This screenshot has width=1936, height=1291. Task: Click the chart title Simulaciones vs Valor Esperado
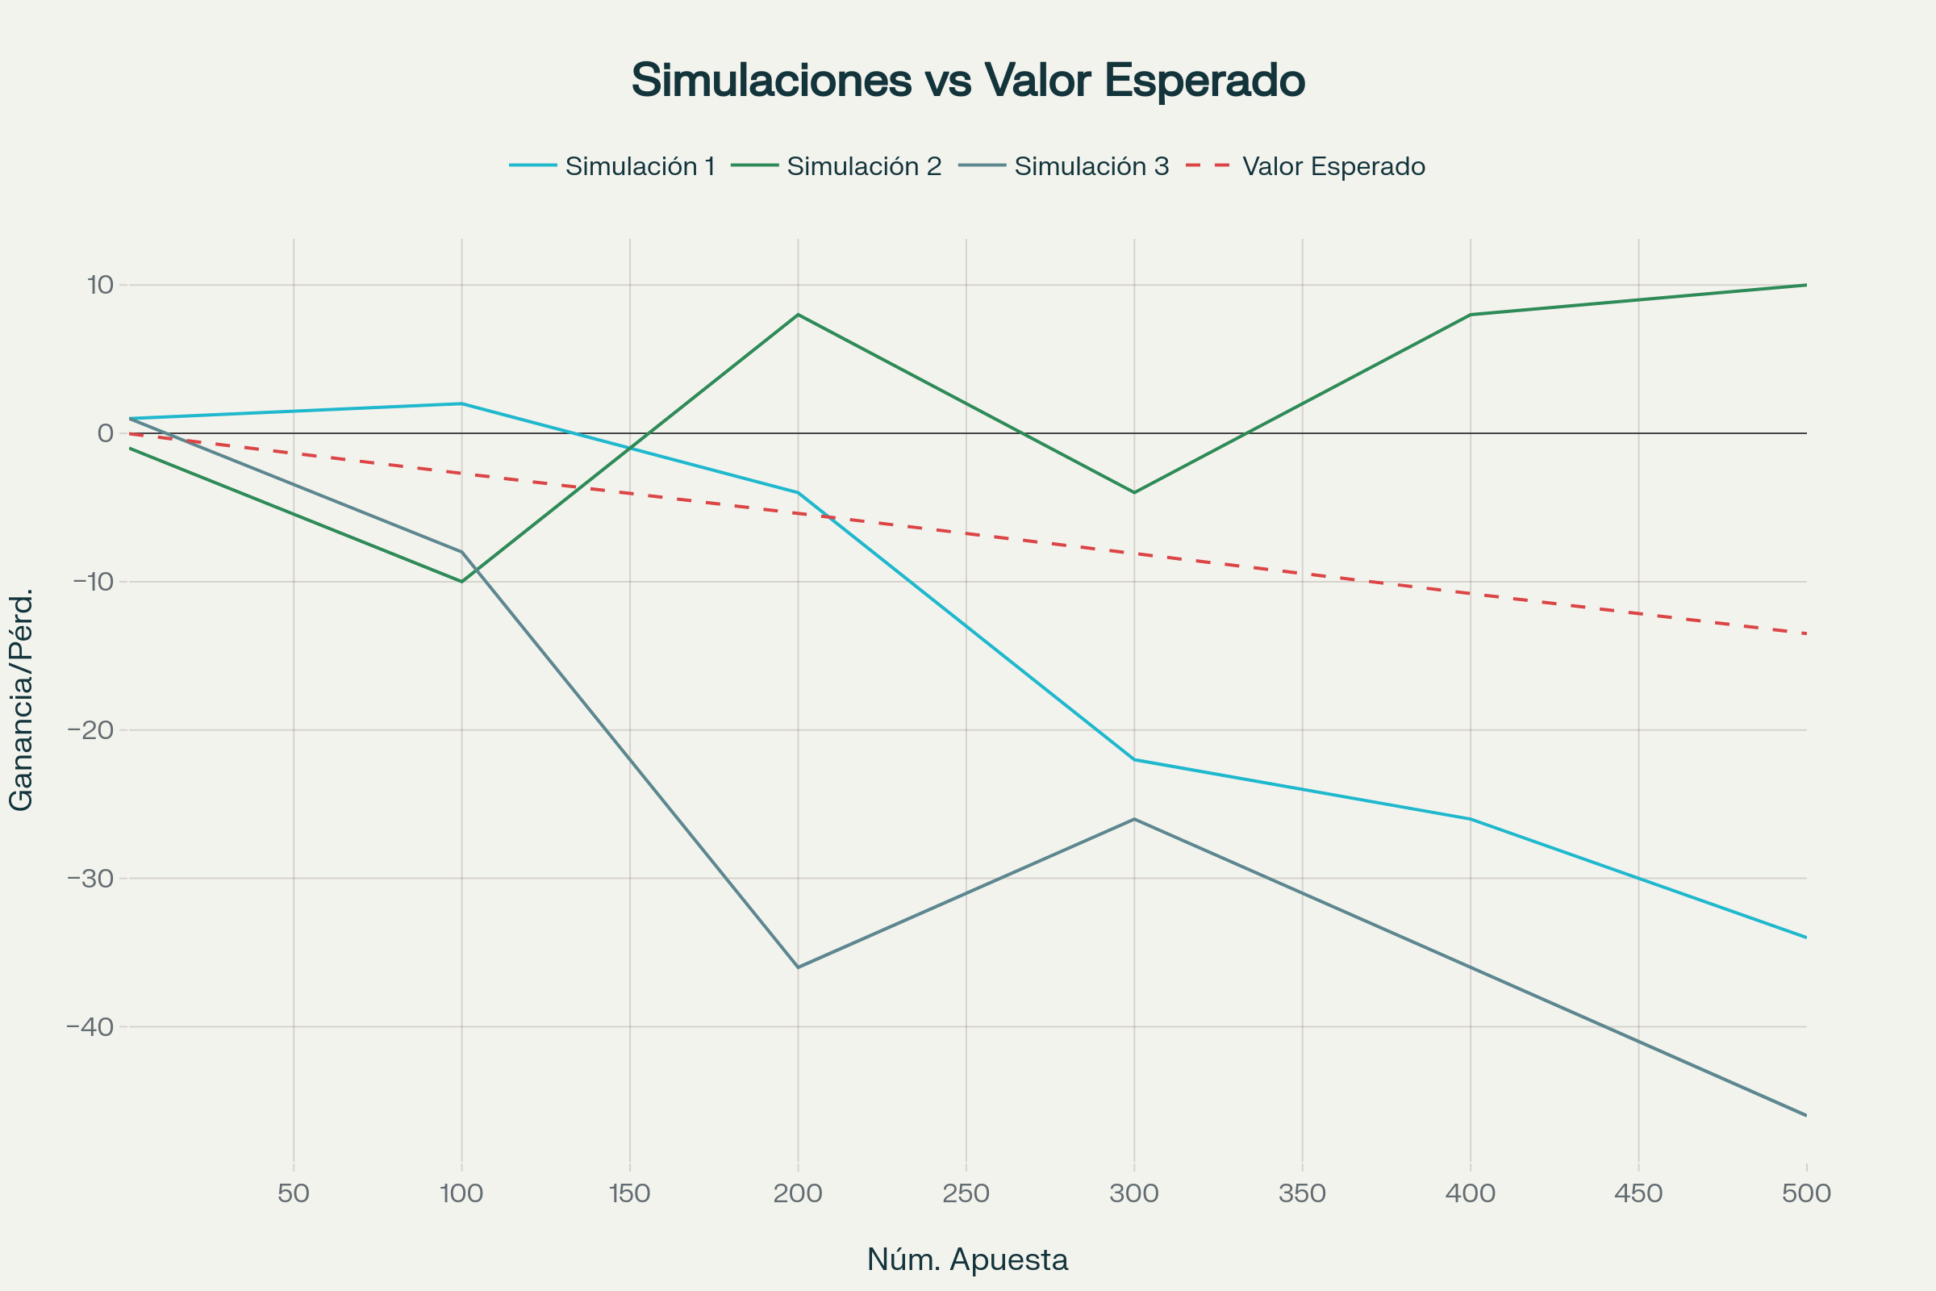(x=968, y=81)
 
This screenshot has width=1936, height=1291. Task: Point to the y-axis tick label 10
(x=99, y=285)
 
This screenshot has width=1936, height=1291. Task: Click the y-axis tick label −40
(x=90, y=1026)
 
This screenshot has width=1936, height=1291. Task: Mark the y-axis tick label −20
(x=90, y=730)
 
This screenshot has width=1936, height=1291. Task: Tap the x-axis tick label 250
(x=966, y=1194)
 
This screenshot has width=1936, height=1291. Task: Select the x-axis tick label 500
(x=1806, y=1194)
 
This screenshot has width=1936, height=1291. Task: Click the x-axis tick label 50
(x=294, y=1194)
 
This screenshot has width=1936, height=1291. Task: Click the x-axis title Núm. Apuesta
(x=967, y=1260)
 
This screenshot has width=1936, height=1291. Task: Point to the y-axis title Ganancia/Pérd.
(x=21, y=700)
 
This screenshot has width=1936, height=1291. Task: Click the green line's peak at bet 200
(x=798, y=315)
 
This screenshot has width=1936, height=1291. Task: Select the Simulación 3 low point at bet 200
(x=798, y=967)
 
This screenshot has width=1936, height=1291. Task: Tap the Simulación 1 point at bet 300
(x=1134, y=759)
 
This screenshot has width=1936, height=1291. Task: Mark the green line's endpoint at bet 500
(x=1806, y=285)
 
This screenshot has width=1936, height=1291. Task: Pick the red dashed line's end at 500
(x=1806, y=633)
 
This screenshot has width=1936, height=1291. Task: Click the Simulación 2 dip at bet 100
(x=461, y=581)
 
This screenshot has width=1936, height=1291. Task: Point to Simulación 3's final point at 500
(x=1806, y=1116)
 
